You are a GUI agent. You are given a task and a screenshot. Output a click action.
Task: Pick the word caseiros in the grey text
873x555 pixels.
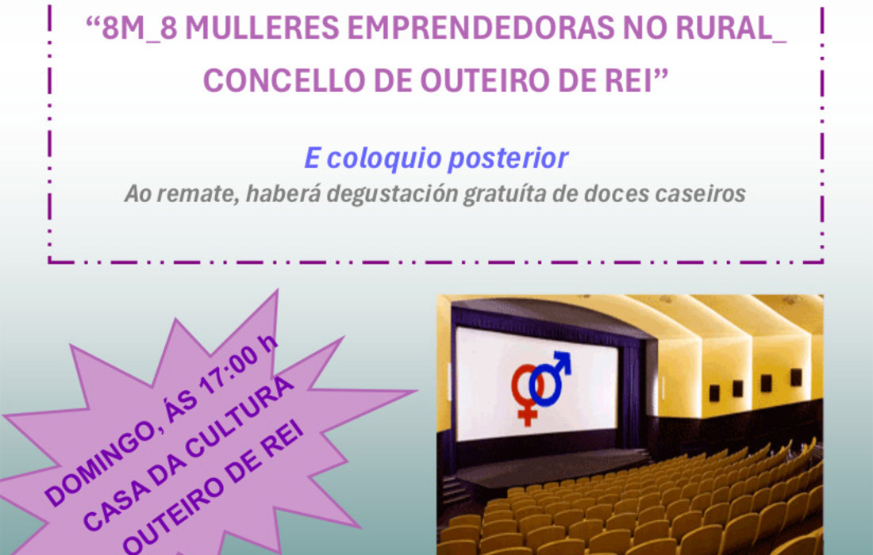coord(702,194)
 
